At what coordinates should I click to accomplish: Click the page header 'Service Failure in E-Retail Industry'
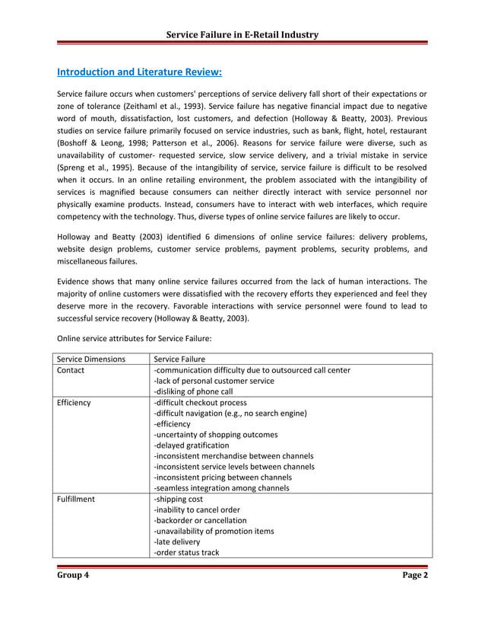(x=242, y=34)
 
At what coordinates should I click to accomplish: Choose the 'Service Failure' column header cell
(x=179, y=359)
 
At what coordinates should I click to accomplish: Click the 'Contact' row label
(x=70, y=371)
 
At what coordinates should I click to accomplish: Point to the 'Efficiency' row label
(x=74, y=403)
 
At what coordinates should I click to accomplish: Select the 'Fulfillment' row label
(x=76, y=500)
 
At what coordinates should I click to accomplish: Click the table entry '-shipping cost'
(x=178, y=500)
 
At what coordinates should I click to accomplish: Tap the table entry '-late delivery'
(x=177, y=542)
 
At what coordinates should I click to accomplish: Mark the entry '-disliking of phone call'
(x=193, y=392)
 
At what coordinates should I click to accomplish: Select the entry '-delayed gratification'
(x=191, y=445)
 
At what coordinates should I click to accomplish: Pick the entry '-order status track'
(x=186, y=553)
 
